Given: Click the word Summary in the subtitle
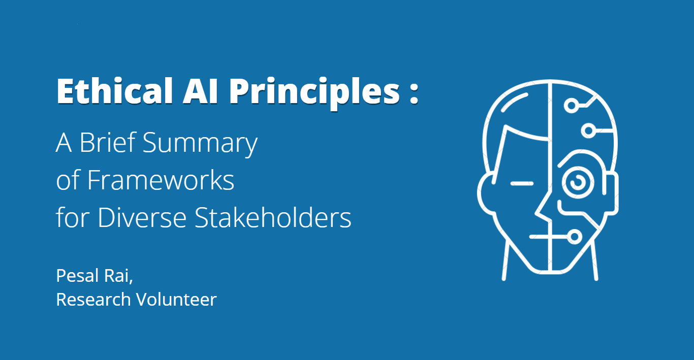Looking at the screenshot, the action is (200, 145).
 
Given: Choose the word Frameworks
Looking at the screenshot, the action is (161, 180).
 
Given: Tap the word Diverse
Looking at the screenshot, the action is (142, 218).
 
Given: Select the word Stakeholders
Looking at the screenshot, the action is (273, 217).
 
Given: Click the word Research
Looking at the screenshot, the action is (93, 300).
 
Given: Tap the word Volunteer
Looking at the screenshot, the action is (177, 300).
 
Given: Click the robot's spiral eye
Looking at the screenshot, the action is (578, 182).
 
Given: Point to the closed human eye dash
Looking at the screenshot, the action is (522, 184).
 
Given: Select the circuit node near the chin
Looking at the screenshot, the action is (575, 237).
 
